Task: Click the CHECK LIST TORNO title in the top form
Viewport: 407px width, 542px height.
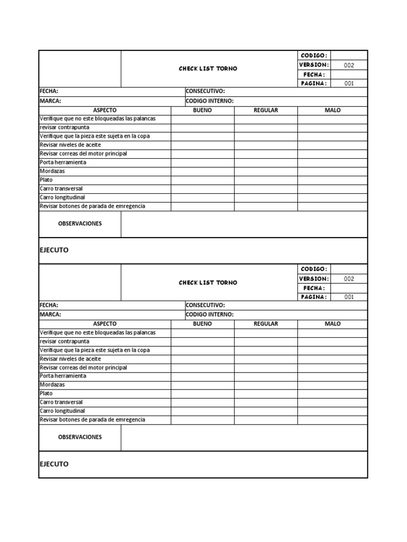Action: (x=208, y=69)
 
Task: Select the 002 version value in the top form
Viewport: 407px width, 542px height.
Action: (x=349, y=65)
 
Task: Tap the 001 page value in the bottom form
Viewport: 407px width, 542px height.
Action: (x=349, y=297)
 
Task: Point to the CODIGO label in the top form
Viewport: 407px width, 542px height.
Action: (x=314, y=56)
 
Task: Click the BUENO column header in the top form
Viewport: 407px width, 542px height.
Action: (x=202, y=110)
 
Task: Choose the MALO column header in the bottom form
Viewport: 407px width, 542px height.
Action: (x=332, y=323)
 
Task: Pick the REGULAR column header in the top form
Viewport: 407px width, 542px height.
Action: (x=266, y=110)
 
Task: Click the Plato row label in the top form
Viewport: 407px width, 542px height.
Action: (x=47, y=180)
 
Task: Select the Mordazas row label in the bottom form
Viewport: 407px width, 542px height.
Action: (x=52, y=385)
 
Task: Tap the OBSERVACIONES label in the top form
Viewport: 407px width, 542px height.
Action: (x=79, y=223)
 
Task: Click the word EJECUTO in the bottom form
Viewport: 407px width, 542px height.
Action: (x=54, y=464)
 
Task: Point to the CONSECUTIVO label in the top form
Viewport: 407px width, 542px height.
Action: (x=205, y=91)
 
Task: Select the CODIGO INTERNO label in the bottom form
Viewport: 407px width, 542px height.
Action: (x=209, y=314)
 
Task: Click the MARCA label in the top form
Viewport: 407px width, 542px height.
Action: (x=50, y=101)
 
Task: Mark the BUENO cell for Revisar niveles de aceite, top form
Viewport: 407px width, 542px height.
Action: (x=202, y=145)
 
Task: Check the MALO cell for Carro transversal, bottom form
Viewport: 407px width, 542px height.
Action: (x=332, y=402)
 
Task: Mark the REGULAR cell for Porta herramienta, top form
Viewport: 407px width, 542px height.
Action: (x=266, y=162)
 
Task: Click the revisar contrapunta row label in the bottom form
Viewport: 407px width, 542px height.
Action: (x=64, y=341)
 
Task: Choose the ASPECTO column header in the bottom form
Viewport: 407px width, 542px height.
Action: (x=104, y=323)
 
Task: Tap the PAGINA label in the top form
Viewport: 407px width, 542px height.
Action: (x=314, y=83)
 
